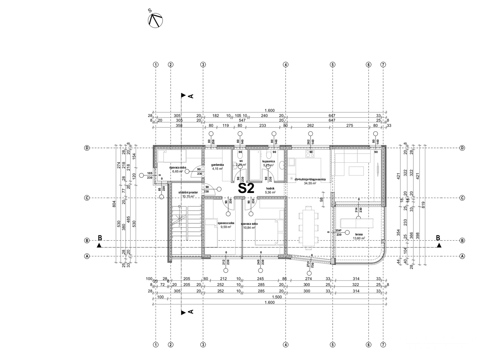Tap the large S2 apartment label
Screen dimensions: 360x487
246,189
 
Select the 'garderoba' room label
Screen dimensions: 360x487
218,165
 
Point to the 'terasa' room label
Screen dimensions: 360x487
359,234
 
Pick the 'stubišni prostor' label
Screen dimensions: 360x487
188,192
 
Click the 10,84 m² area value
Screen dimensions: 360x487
248,228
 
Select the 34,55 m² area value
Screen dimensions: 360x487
310,183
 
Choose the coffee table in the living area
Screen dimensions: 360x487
357,171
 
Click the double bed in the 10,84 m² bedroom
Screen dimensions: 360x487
269,232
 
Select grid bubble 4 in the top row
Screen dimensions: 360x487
285,65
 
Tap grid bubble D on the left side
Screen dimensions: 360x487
87,148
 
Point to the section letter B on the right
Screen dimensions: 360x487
438,238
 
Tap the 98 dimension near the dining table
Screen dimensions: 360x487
321,199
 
